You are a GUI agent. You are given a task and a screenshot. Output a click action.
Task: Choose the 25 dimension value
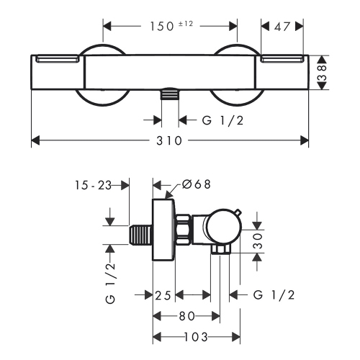(163, 294)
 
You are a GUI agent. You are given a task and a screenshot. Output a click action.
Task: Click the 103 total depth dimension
(190, 336)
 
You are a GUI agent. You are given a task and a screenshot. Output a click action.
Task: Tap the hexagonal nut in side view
(183, 230)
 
